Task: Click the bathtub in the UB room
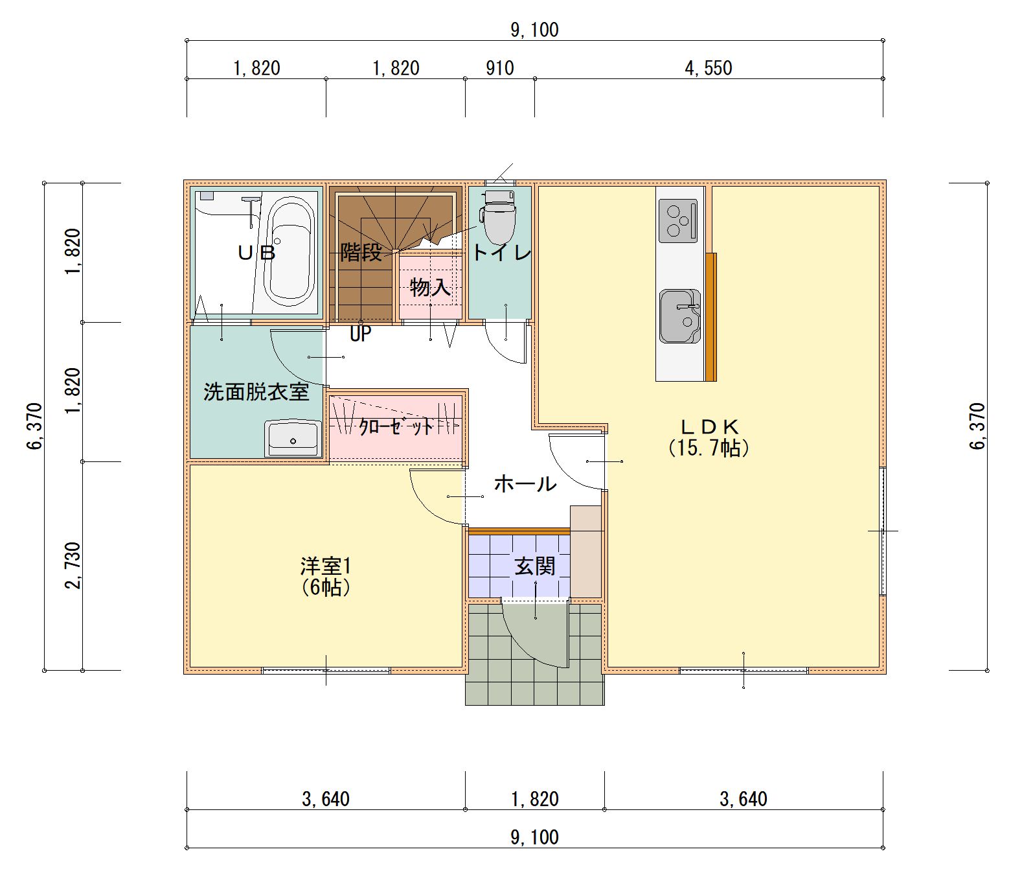coord(290,251)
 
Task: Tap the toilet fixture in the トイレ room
coord(499,216)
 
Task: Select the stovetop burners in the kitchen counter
coord(677,221)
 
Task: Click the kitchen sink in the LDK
coord(680,316)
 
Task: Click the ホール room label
coord(525,484)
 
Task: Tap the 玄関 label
coord(534,566)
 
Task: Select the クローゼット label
coord(396,427)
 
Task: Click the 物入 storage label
coord(430,286)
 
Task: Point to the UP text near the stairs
coord(361,334)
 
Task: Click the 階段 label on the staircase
coord(361,253)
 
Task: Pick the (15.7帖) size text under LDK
coord(709,448)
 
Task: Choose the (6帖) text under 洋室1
coord(325,587)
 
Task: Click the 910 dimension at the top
coord(500,68)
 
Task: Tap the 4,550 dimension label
coord(709,68)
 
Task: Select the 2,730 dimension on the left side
coord(74,566)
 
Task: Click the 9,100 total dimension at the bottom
coord(534,837)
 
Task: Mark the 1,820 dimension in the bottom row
coord(534,799)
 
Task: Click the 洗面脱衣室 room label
coord(256,392)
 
